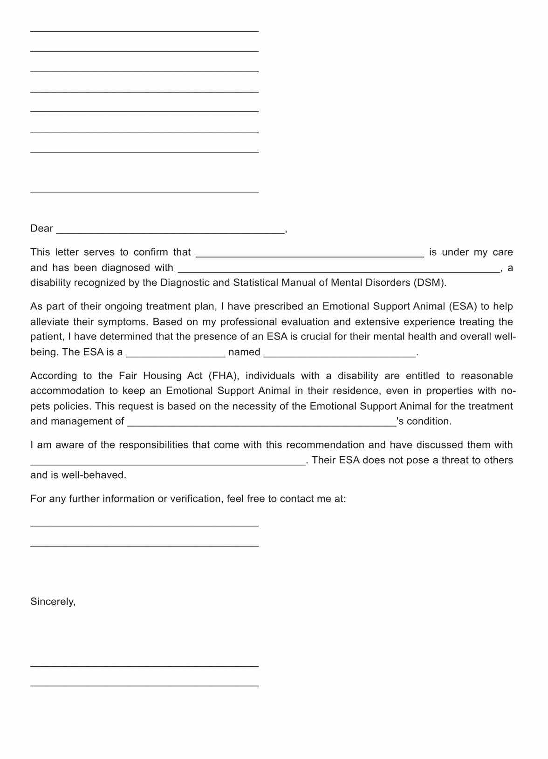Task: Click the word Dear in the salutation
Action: click(x=41, y=229)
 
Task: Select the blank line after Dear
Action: click(x=170, y=230)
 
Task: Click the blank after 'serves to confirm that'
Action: click(x=310, y=254)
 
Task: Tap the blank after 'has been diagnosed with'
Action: click(x=339, y=269)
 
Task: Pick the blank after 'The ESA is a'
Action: click(x=176, y=354)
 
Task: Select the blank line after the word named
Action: click(x=340, y=354)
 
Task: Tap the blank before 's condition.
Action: click(x=261, y=423)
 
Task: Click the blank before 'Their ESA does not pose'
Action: click(x=168, y=462)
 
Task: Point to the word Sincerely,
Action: click(x=53, y=602)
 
